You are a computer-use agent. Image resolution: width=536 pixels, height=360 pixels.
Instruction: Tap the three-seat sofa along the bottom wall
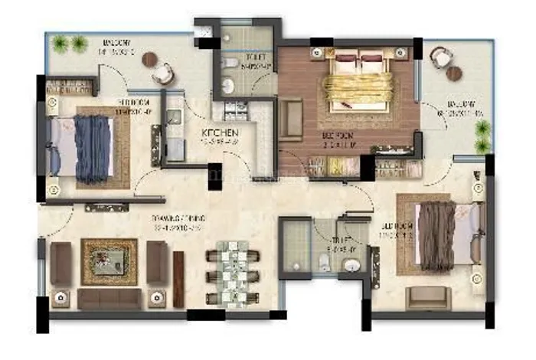(x=109, y=298)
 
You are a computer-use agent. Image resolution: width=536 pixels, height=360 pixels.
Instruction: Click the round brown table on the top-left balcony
(x=150, y=59)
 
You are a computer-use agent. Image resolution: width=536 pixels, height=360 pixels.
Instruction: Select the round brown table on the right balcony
(x=455, y=74)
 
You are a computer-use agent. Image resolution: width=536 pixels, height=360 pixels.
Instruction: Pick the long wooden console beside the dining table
(x=178, y=269)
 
